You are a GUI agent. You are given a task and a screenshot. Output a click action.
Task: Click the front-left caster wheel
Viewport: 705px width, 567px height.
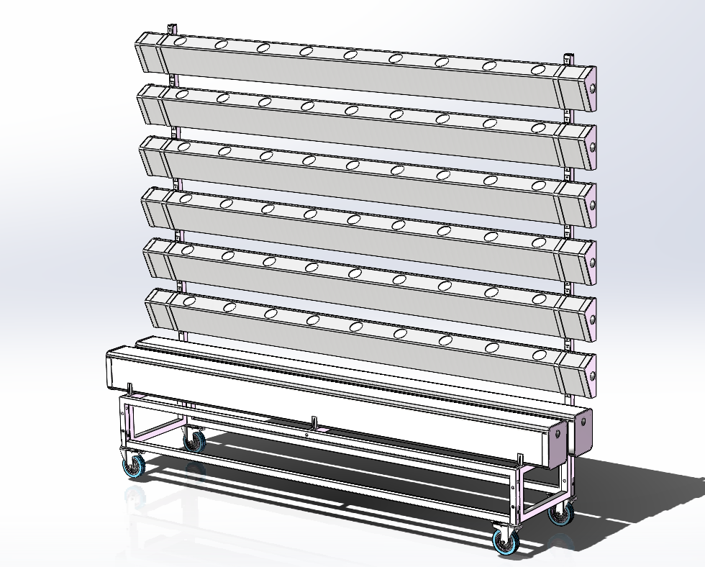click(x=134, y=466)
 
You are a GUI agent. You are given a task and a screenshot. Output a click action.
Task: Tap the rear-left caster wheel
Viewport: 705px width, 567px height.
click(x=194, y=440)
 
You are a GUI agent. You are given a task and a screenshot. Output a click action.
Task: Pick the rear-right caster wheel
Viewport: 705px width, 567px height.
click(x=561, y=514)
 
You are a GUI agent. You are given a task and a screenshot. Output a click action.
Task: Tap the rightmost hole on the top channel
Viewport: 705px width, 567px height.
click(x=539, y=71)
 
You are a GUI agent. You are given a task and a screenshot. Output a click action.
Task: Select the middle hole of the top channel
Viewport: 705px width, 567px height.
click(x=351, y=55)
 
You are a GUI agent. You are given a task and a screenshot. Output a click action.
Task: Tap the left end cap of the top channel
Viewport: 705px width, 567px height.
click(x=147, y=53)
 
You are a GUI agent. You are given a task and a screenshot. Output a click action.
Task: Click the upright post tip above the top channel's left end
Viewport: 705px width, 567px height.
click(x=171, y=27)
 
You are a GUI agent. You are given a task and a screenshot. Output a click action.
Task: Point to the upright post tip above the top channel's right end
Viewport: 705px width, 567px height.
click(x=568, y=57)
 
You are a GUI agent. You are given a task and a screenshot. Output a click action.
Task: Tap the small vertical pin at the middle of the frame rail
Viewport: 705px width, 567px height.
click(x=314, y=420)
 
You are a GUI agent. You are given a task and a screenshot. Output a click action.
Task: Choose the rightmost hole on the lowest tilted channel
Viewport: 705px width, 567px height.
click(x=539, y=355)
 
